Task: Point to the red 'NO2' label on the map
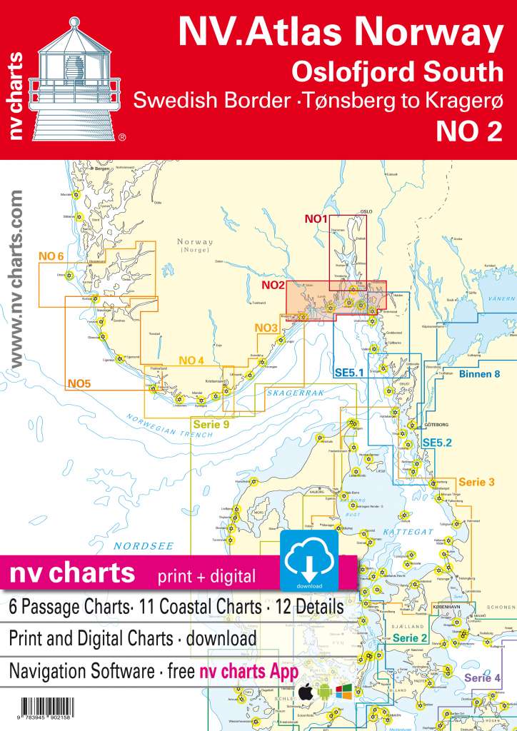(x=273, y=286)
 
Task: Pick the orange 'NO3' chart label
(x=267, y=328)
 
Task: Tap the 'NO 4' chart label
(x=191, y=360)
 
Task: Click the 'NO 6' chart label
(x=51, y=256)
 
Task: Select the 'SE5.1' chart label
(x=349, y=372)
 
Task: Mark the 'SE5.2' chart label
(x=438, y=443)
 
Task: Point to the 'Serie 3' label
(x=476, y=483)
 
